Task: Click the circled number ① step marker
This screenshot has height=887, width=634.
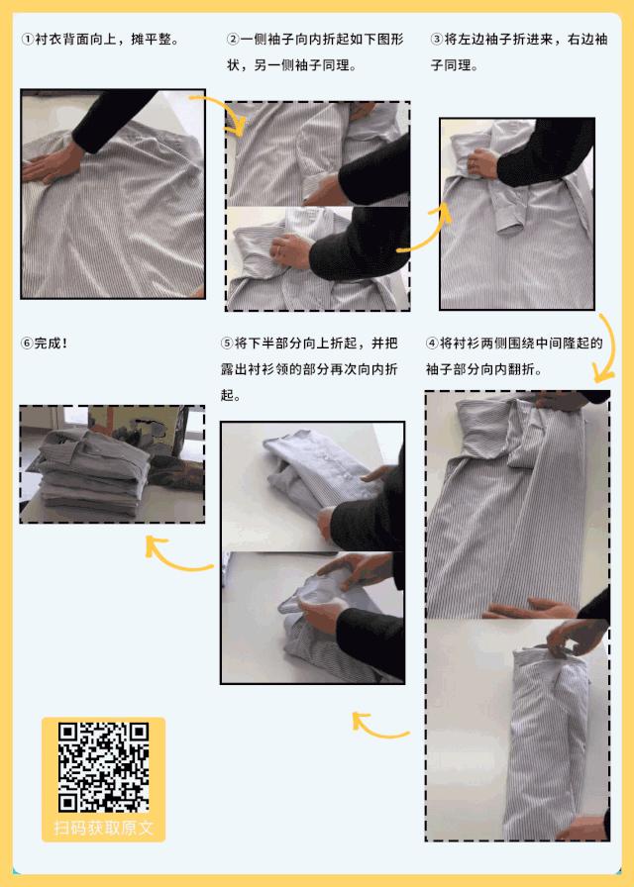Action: click(27, 40)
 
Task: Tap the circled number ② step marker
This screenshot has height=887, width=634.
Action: click(234, 40)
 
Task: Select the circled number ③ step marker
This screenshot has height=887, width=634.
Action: click(437, 40)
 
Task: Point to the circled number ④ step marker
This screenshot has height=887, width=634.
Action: click(432, 344)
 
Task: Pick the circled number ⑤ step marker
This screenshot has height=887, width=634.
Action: click(228, 344)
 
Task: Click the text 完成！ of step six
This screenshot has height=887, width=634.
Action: click(51, 344)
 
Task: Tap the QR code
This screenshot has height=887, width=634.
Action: click(103, 767)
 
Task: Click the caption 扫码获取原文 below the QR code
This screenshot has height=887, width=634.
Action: click(103, 829)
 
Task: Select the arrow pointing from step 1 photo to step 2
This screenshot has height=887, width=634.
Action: click(220, 113)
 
